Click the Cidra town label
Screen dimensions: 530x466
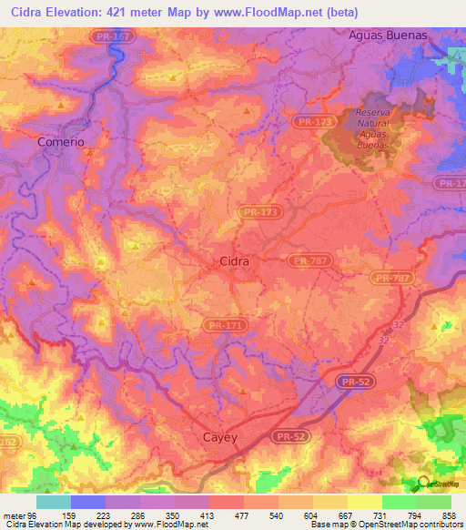(x=235, y=261)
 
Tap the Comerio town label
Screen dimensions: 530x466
(x=61, y=142)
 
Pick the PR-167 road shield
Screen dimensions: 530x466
(x=112, y=36)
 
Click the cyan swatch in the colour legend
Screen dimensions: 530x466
(x=53, y=502)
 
